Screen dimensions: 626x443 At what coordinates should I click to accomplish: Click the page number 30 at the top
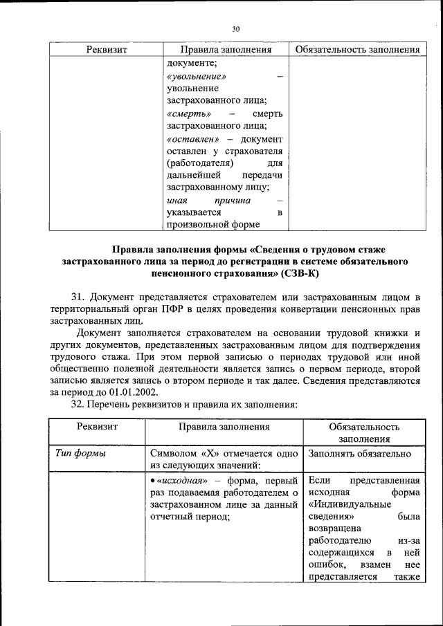click(x=235, y=29)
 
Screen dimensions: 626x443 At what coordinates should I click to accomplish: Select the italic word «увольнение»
click(x=197, y=76)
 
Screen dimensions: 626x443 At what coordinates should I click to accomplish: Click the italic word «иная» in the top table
click(x=177, y=200)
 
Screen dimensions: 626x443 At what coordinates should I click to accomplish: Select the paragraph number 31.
click(x=78, y=297)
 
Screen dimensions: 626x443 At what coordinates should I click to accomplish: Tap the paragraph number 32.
click(x=78, y=403)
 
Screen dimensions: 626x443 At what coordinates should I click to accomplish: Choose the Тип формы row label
click(x=80, y=454)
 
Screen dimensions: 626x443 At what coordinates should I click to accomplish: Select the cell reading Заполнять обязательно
click(x=360, y=454)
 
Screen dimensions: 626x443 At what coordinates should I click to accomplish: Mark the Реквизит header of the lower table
click(x=97, y=427)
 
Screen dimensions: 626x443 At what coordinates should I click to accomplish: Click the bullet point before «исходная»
click(x=152, y=480)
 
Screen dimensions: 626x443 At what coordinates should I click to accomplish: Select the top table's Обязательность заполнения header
click(x=357, y=50)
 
